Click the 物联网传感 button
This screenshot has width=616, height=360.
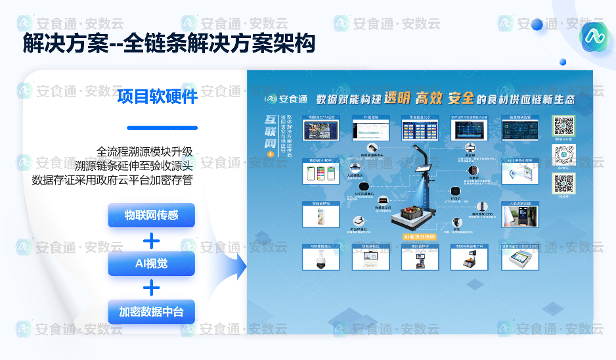click(x=151, y=215)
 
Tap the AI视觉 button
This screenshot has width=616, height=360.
click(x=151, y=263)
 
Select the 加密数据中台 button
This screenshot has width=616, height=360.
click(x=151, y=312)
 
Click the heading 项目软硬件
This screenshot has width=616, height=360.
click(x=158, y=97)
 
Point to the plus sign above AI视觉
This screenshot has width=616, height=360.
click(x=152, y=240)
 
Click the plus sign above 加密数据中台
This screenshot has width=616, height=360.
click(x=152, y=288)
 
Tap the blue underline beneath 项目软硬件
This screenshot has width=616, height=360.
click(x=162, y=128)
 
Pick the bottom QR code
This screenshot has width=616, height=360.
click(x=563, y=183)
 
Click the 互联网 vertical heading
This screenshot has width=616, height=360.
click(x=270, y=131)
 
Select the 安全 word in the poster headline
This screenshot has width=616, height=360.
click(x=461, y=99)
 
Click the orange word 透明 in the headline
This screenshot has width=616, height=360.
click(x=397, y=99)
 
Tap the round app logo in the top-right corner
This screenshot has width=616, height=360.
click(x=594, y=37)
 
